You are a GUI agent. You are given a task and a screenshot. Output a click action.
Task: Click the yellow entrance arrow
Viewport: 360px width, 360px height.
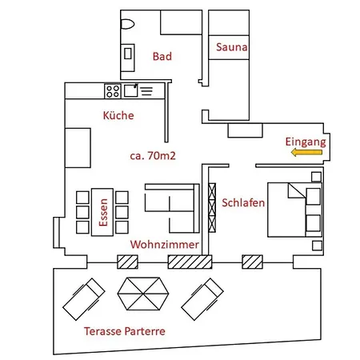coord(305,151)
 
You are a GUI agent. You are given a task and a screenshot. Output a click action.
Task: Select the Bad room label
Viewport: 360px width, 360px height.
coord(162,56)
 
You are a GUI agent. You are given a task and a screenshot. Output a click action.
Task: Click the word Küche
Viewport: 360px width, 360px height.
coord(118,115)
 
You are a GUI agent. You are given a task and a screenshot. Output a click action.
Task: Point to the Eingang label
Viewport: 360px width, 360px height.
coord(306,141)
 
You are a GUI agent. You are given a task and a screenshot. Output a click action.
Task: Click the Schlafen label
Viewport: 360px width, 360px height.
coord(243,203)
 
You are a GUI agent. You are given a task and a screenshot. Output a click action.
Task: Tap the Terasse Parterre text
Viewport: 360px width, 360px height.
coord(124,330)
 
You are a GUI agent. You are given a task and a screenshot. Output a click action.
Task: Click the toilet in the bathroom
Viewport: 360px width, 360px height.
coord(128,24)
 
